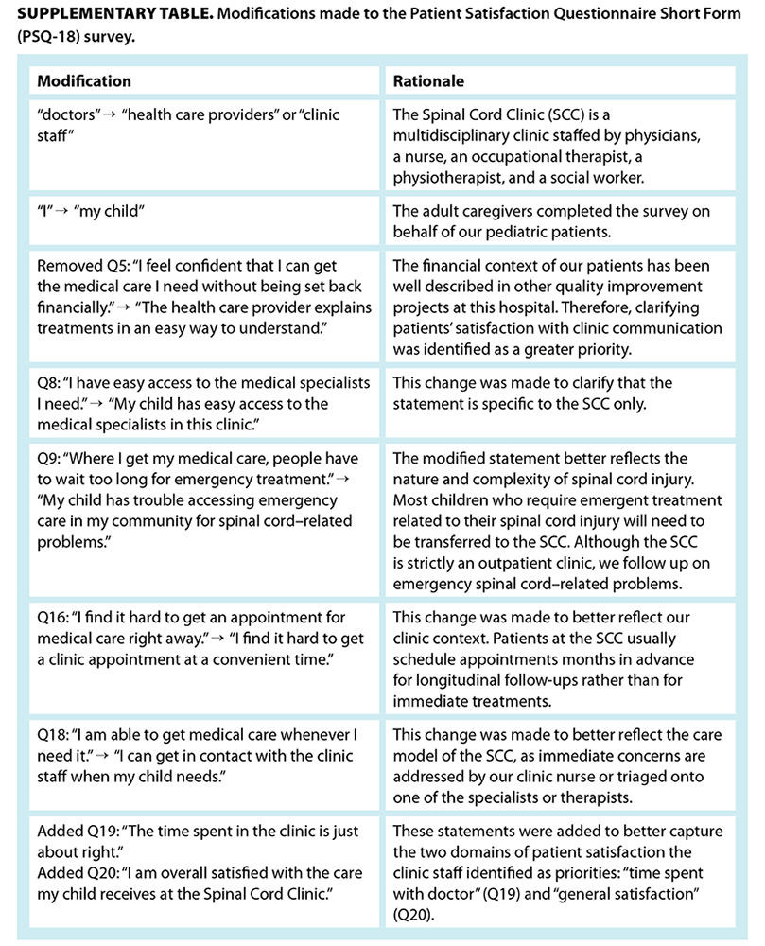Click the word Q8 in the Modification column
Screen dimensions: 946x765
[x=47, y=383]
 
